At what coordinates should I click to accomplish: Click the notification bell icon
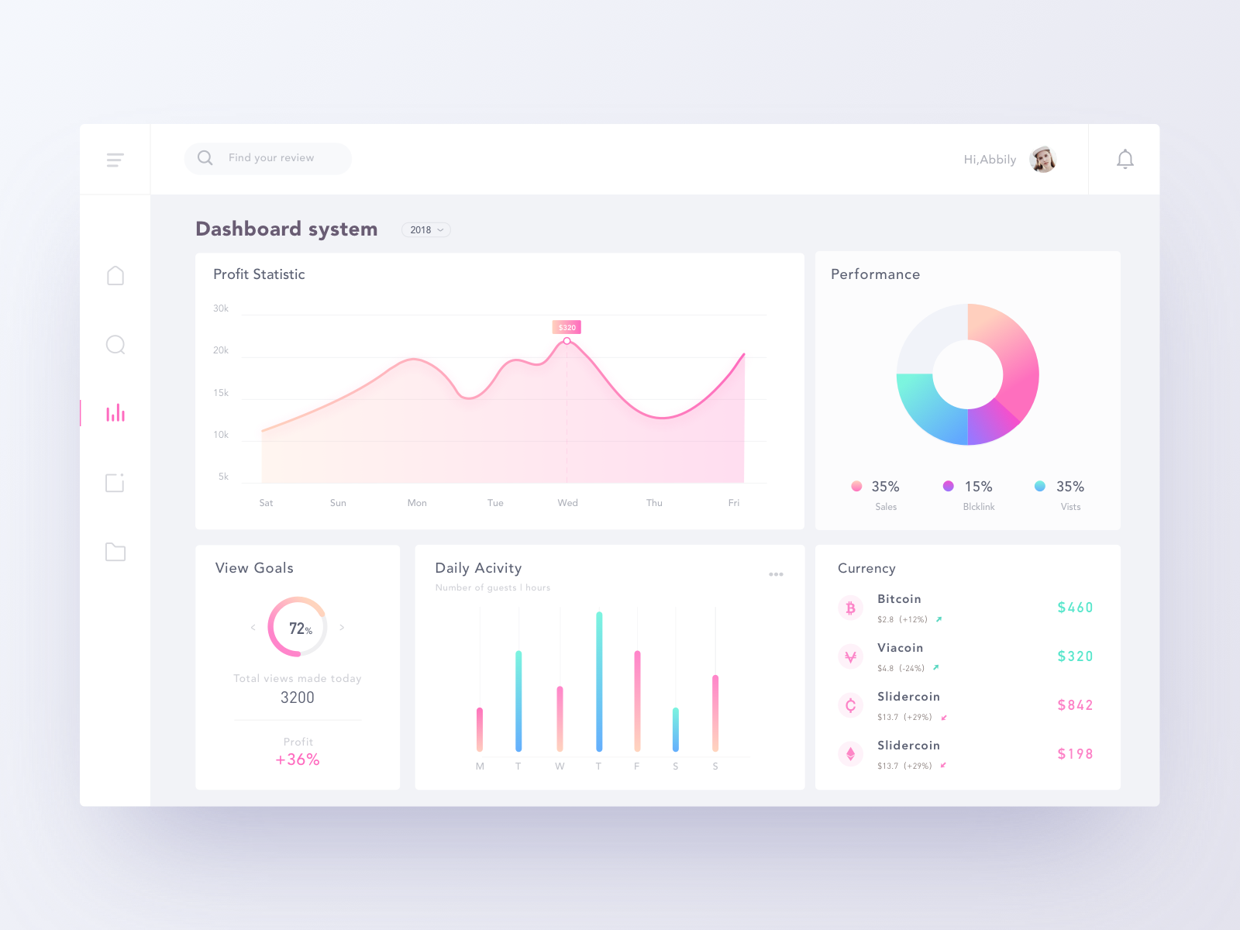[x=1125, y=160]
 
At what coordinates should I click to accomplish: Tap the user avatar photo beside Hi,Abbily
[x=1043, y=160]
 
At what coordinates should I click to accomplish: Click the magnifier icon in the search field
[x=205, y=158]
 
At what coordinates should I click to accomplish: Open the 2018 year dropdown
[x=426, y=230]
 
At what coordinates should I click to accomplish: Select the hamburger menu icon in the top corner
[x=115, y=160]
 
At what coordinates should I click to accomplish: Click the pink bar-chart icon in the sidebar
[x=115, y=413]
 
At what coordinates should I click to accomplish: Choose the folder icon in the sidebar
[x=115, y=552]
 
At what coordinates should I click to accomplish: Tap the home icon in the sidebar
[x=115, y=276]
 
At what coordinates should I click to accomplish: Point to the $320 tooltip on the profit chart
[x=567, y=327]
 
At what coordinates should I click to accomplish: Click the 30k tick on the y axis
[x=221, y=308]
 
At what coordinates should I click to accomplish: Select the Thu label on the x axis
[x=654, y=503]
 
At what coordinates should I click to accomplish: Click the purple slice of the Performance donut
[x=992, y=423]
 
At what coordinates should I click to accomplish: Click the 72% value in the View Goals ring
[x=300, y=629]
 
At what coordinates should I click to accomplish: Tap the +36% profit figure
[x=298, y=759]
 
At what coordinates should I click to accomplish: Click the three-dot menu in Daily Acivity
[x=776, y=574]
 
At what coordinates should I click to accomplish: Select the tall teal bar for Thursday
[x=599, y=682]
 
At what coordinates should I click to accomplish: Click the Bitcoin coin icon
[x=850, y=608]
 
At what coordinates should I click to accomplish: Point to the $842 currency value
[x=1075, y=705]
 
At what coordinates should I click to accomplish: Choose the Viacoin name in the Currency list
[x=900, y=648]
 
